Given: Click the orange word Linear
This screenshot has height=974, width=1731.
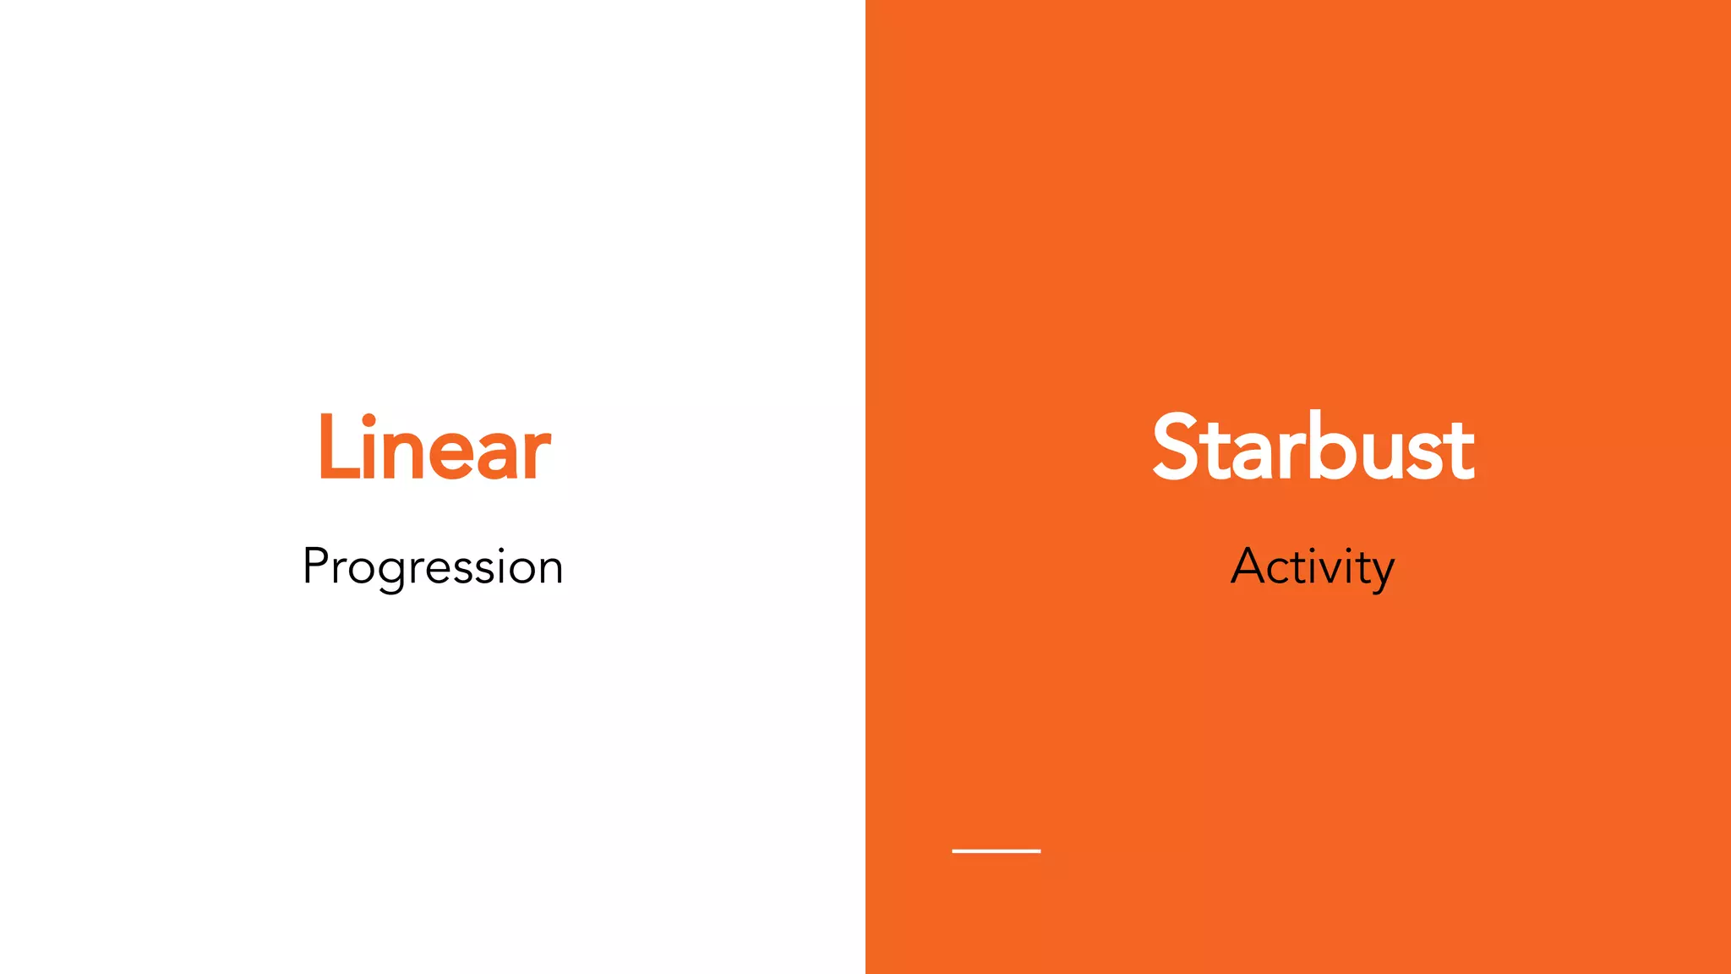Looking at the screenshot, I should (434, 448).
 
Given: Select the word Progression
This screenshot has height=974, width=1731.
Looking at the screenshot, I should (433, 567).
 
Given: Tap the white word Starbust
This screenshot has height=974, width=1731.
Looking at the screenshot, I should (1313, 448).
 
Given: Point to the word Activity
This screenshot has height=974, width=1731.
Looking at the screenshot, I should (1313, 567).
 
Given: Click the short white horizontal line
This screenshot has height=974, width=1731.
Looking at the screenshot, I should (996, 851).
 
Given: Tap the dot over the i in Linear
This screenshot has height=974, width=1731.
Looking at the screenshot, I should (369, 419).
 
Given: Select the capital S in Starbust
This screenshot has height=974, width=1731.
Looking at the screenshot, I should (1177, 448).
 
